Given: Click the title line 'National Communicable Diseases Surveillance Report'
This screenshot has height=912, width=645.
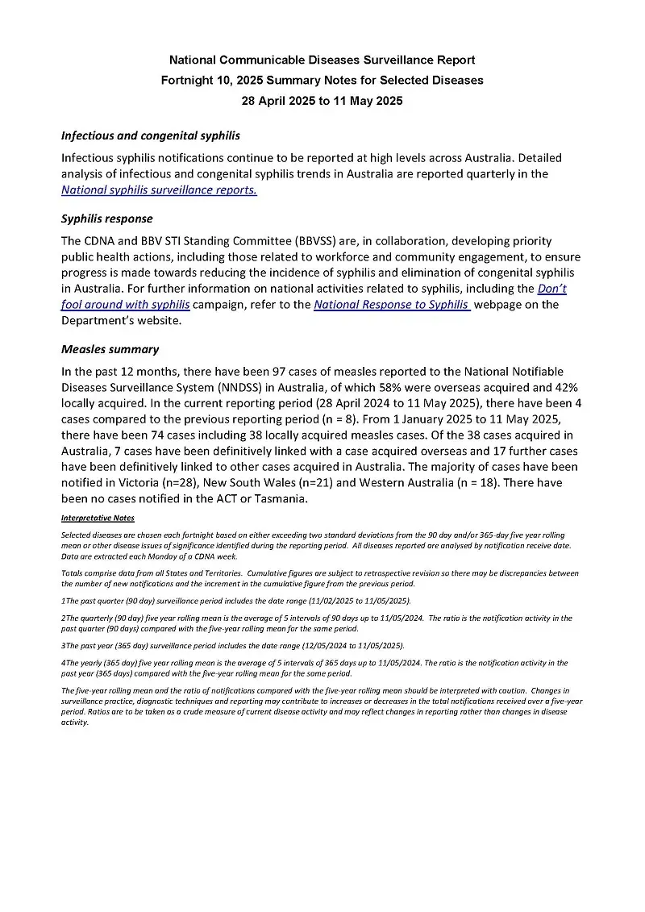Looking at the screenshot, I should point(322,60).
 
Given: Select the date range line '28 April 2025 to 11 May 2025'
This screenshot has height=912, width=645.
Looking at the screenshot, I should point(322,101).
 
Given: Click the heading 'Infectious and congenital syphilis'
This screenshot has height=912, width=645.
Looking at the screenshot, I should point(151,135).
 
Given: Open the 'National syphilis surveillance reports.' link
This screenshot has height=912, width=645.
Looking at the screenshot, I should point(159,190).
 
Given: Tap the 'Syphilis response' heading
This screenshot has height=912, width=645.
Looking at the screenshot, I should point(106,219).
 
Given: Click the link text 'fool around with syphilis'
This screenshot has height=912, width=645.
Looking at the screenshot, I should point(125,304).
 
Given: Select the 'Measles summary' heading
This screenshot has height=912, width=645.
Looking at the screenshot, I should point(110,349).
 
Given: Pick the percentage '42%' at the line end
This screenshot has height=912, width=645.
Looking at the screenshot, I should point(561,388).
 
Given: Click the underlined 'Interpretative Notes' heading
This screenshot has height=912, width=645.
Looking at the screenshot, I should point(98,518).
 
